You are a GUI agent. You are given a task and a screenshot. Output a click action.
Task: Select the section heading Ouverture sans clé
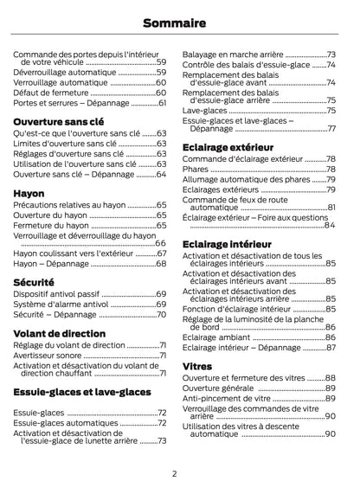click(x=59, y=122)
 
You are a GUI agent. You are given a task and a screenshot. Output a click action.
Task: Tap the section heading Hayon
click(x=29, y=193)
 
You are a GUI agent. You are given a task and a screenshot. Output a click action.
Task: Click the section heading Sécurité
click(x=35, y=282)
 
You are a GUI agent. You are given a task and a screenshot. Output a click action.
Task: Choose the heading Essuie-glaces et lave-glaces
click(x=82, y=392)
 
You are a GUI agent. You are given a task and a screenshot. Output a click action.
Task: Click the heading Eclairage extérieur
click(x=228, y=147)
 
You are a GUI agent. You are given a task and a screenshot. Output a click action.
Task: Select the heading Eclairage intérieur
click(x=227, y=244)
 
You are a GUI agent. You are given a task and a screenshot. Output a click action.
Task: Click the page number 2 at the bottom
click(x=174, y=473)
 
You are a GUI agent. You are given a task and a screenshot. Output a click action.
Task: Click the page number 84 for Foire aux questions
click(x=330, y=226)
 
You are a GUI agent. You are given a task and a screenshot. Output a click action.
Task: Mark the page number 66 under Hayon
click(x=160, y=245)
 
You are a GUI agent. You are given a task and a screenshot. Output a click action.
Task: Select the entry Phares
click(x=196, y=170)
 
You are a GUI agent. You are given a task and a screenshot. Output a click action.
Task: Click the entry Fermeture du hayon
click(x=52, y=225)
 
